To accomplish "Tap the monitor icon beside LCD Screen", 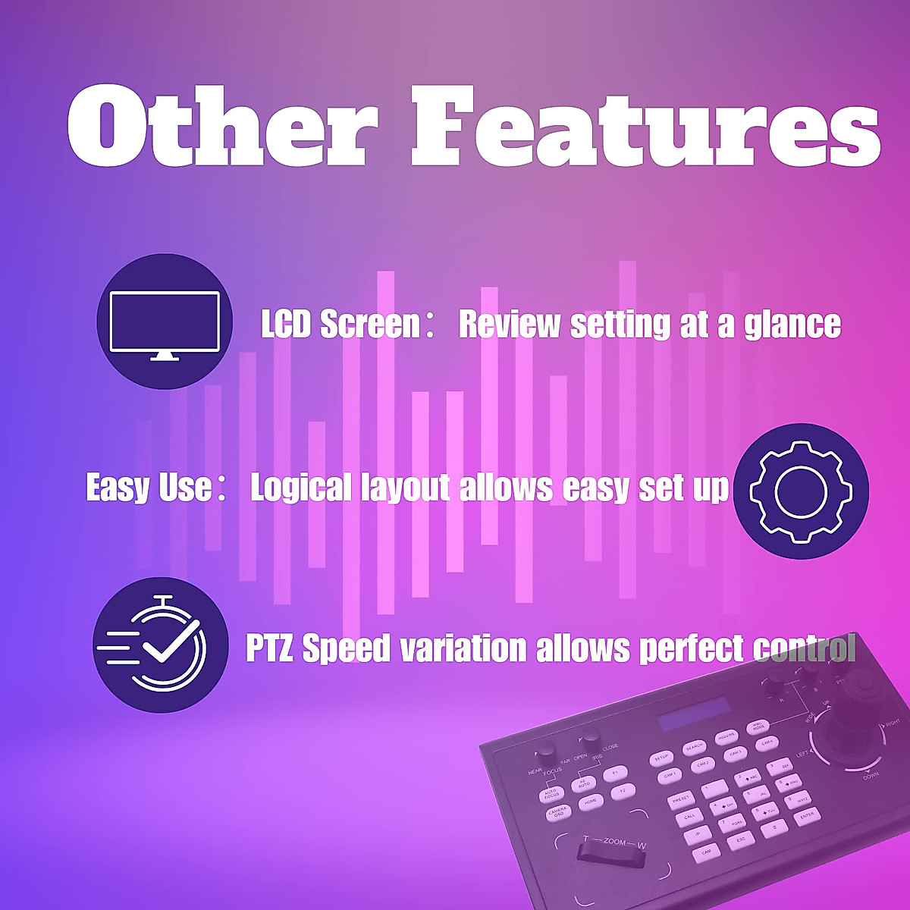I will (165, 322).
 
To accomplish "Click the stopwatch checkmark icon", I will (160, 645).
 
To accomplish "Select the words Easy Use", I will (149, 488).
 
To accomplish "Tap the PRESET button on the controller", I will (680, 800).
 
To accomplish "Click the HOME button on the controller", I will (589, 801).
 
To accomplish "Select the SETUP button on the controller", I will (661, 758).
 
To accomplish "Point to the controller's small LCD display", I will (694, 717).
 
